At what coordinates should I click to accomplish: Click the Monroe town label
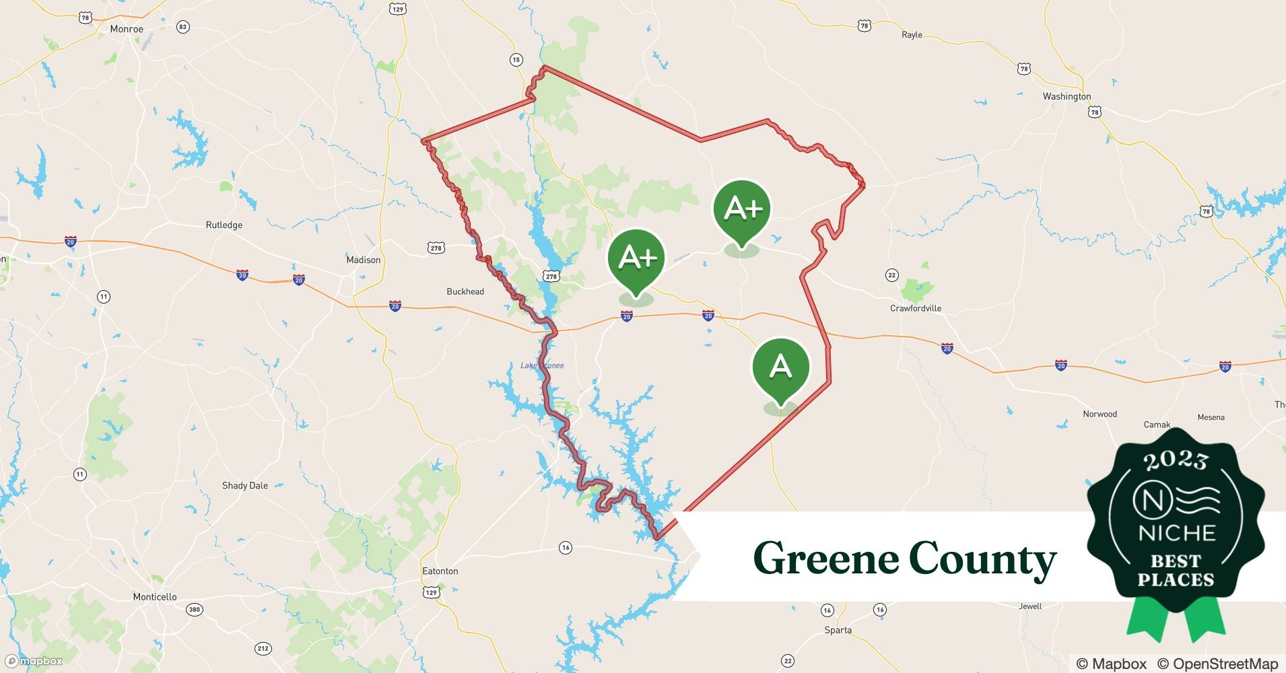point(127,29)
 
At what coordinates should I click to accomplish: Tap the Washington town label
point(1067,96)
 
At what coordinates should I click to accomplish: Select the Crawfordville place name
point(916,308)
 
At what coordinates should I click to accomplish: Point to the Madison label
point(363,260)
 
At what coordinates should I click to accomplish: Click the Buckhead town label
point(465,291)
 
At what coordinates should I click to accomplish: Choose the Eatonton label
point(440,571)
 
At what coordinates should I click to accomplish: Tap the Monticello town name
point(155,597)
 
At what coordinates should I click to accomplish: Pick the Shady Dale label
point(245,485)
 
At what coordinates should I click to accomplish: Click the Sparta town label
point(838,630)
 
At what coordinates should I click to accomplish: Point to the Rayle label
point(912,35)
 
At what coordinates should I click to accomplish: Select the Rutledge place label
point(224,225)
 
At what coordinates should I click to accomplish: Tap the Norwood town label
point(1099,414)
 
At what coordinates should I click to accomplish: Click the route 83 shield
point(183,27)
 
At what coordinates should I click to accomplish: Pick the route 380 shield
point(194,610)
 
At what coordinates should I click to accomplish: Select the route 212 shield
point(263,649)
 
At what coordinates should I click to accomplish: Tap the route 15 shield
point(516,60)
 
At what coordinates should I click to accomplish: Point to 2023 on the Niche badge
point(1176,460)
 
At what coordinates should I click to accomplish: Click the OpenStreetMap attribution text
point(1217,664)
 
